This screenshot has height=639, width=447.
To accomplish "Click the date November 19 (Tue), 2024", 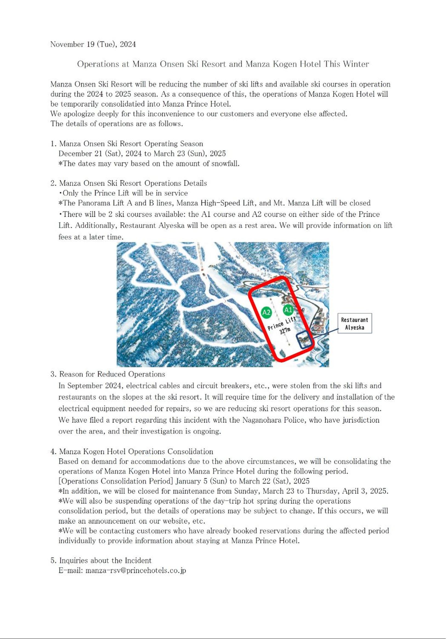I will click(93, 44).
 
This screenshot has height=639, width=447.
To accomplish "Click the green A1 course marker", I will click(288, 310).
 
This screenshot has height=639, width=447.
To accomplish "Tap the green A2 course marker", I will click(266, 312).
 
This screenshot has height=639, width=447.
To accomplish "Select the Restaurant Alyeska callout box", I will click(354, 323).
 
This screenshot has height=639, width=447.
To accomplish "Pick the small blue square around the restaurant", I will click(304, 340).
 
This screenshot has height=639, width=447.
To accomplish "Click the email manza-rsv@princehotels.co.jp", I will click(135, 570).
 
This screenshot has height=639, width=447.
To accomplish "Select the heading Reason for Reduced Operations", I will click(112, 374).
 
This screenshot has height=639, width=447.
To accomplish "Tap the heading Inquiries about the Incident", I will click(105, 560).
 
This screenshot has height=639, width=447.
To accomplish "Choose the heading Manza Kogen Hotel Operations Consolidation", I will click(136, 451).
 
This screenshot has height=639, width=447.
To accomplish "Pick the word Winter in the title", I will click(356, 64).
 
